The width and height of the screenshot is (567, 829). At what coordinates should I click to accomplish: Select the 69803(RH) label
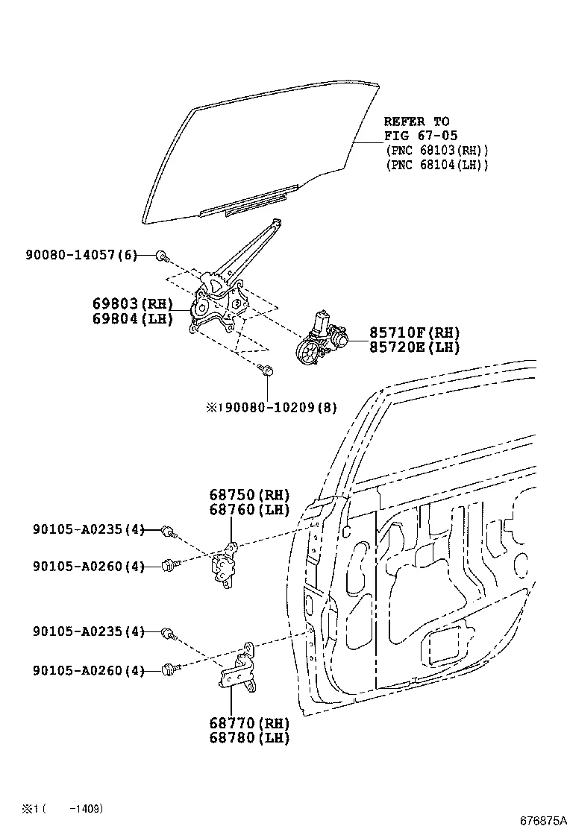pyautogui.click(x=132, y=304)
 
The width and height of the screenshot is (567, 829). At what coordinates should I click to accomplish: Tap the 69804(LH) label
pyautogui.click(x=132, y=319)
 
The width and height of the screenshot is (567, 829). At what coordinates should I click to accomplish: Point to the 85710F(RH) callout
pyautogui.click(x=414, y=333)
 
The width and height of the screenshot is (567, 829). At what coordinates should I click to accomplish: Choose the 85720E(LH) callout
pyautogui.click(x=414, y=347)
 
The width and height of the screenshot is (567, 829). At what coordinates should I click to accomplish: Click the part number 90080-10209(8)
pyautogui.click(x=276, y=408)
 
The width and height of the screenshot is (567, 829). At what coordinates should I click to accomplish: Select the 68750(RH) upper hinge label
pyautogui.click(x=248, y=495)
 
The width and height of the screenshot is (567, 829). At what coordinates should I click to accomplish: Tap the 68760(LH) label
pyautogui.click(x=248, y=510)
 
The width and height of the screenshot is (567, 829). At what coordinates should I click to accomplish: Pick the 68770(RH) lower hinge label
pyautogui.click(x=248, y=723)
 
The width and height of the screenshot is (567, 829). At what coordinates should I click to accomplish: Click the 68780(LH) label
pyautogui.click(x=248, y=738)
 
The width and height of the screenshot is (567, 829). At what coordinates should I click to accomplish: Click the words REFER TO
pyautogui.click(x=416, y=122)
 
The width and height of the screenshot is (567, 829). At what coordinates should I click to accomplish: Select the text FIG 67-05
pyautogui.click(x=416, y=136)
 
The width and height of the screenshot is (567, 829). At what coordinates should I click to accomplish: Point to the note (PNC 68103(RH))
pyautogui.click(x=436, y=151)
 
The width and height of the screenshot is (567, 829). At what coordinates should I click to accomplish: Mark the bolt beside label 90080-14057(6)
pyautogui.click(x=161, y=256)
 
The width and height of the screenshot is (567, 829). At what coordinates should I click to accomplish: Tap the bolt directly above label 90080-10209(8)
pyautogui.click(x=267, y=369)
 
